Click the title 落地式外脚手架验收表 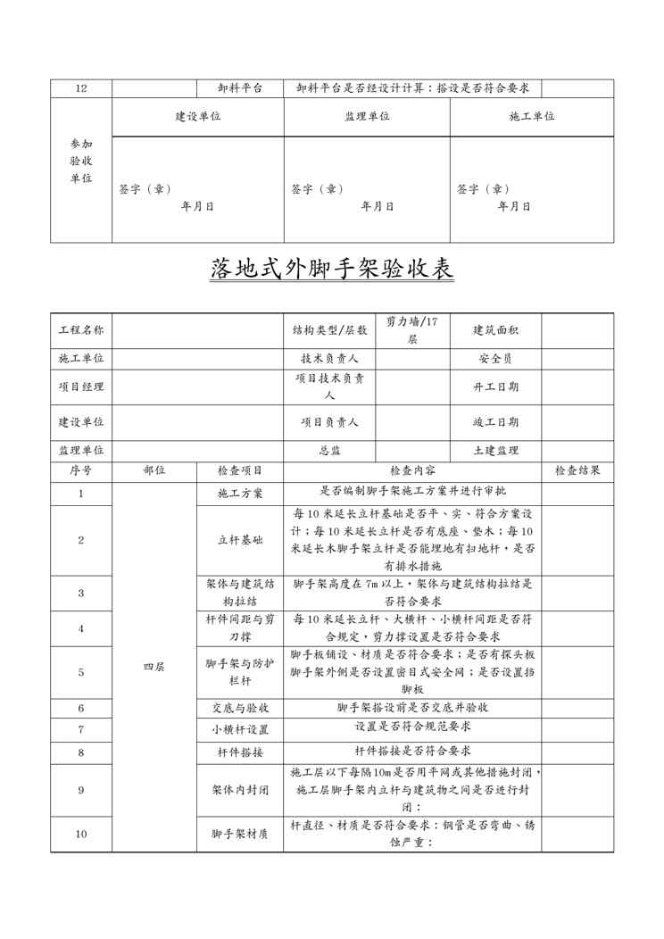(332, 268)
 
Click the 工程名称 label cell (81, 330)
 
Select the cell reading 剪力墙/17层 (412, 330)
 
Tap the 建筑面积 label (495, 330)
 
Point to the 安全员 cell (495, 358)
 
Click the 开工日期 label (495, 386)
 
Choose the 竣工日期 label (495, 422)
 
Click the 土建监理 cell (495, 451)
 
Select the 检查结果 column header (577, 470)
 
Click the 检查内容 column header (412, 470)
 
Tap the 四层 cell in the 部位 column (154, 667)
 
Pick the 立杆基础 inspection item (240, 540)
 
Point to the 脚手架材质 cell (240, 835)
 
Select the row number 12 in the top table (81, 88)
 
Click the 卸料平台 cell (240, 88)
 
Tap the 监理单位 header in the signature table (367, 117)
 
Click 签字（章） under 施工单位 (483, 189)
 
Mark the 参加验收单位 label (81, 161)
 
